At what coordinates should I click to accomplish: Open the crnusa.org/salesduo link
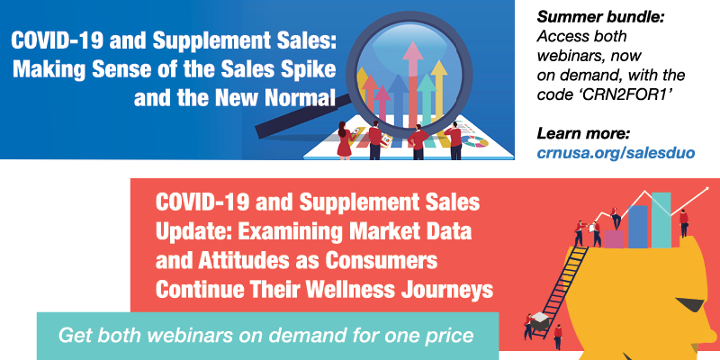(x=616, y=153)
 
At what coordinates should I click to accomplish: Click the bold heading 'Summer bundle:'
(x=601, y=17)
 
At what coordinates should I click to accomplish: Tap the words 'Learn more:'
(x=583, y=134)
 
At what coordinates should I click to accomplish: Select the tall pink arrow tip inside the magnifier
(x=412, y=50)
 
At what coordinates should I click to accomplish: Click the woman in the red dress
(x=344, y=140)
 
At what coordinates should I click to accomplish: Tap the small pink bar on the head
(x=614, y=238)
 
